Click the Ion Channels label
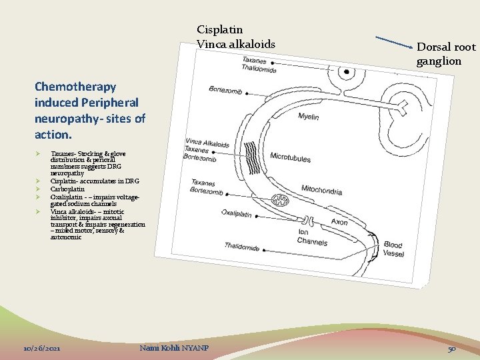click(x=311, y=237)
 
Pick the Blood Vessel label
click(x=393, y=249)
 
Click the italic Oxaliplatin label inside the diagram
click(x=235, y=214)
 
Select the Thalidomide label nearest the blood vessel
click(x=242, y=247)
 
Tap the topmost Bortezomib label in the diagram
click(x=225, y=90)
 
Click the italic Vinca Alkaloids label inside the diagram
click(x=208, y=143)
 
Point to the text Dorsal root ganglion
click(x=446, y=54)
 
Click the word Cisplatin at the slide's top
click(x=219, y=30)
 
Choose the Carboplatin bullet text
click(x=67, y=189)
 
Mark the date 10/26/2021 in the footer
click(x=42, y=349)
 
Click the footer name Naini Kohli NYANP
click(x=174, y=349)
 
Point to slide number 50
click(x=451, y=349)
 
